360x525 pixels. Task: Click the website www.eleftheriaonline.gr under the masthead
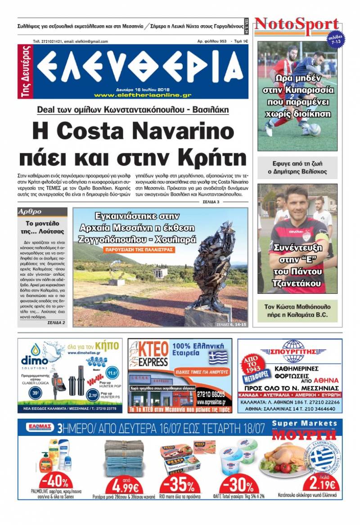(143, 95)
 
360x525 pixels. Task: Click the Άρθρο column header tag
(30, 211)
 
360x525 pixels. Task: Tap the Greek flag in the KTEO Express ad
(218, 358)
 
